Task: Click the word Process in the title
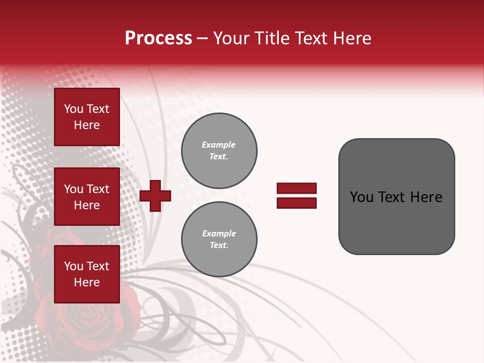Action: tap(158, 38)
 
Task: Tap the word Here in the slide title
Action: tap(351, 38)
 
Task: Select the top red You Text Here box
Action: tap(87, 117)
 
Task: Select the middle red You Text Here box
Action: tap(87, 197)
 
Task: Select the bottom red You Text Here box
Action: tap(87, 274)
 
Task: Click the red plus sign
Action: tap(155, 196)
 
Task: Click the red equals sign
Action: tap(296, 196)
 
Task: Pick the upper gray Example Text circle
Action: tap(219, 151)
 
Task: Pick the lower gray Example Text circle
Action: tap(219, 239)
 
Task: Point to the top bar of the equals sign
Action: tap(296, 189)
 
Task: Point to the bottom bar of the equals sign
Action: tap(296, 203)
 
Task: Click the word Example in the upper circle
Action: tap(219, 145)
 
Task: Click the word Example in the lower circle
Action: tap(219, 233)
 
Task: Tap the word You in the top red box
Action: tap(73, 109)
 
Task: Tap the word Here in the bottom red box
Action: tap(87, 282)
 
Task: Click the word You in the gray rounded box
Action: tap(361, 197)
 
